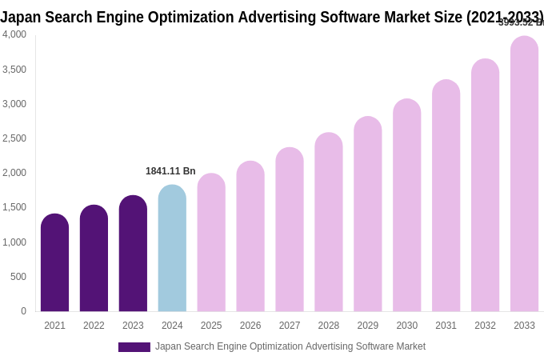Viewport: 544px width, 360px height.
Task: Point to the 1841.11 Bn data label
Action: point(170,171)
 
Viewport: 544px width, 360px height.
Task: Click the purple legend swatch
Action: point(134,347)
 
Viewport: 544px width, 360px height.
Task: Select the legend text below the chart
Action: point(290,346)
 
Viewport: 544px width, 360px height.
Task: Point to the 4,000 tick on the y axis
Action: point(14,34)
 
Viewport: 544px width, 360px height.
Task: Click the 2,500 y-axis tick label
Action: point(14,138)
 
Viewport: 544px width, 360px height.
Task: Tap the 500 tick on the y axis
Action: point(18,277)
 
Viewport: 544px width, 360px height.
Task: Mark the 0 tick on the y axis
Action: point(23,311)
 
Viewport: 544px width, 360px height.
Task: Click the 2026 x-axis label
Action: point(250,326)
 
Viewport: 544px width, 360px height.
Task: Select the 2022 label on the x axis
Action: point(94,326)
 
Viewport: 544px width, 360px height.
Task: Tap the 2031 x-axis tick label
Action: point(446,326)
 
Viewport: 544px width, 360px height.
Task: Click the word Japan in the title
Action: point(22,17)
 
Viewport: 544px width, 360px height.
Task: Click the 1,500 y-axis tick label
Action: point(14,207)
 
